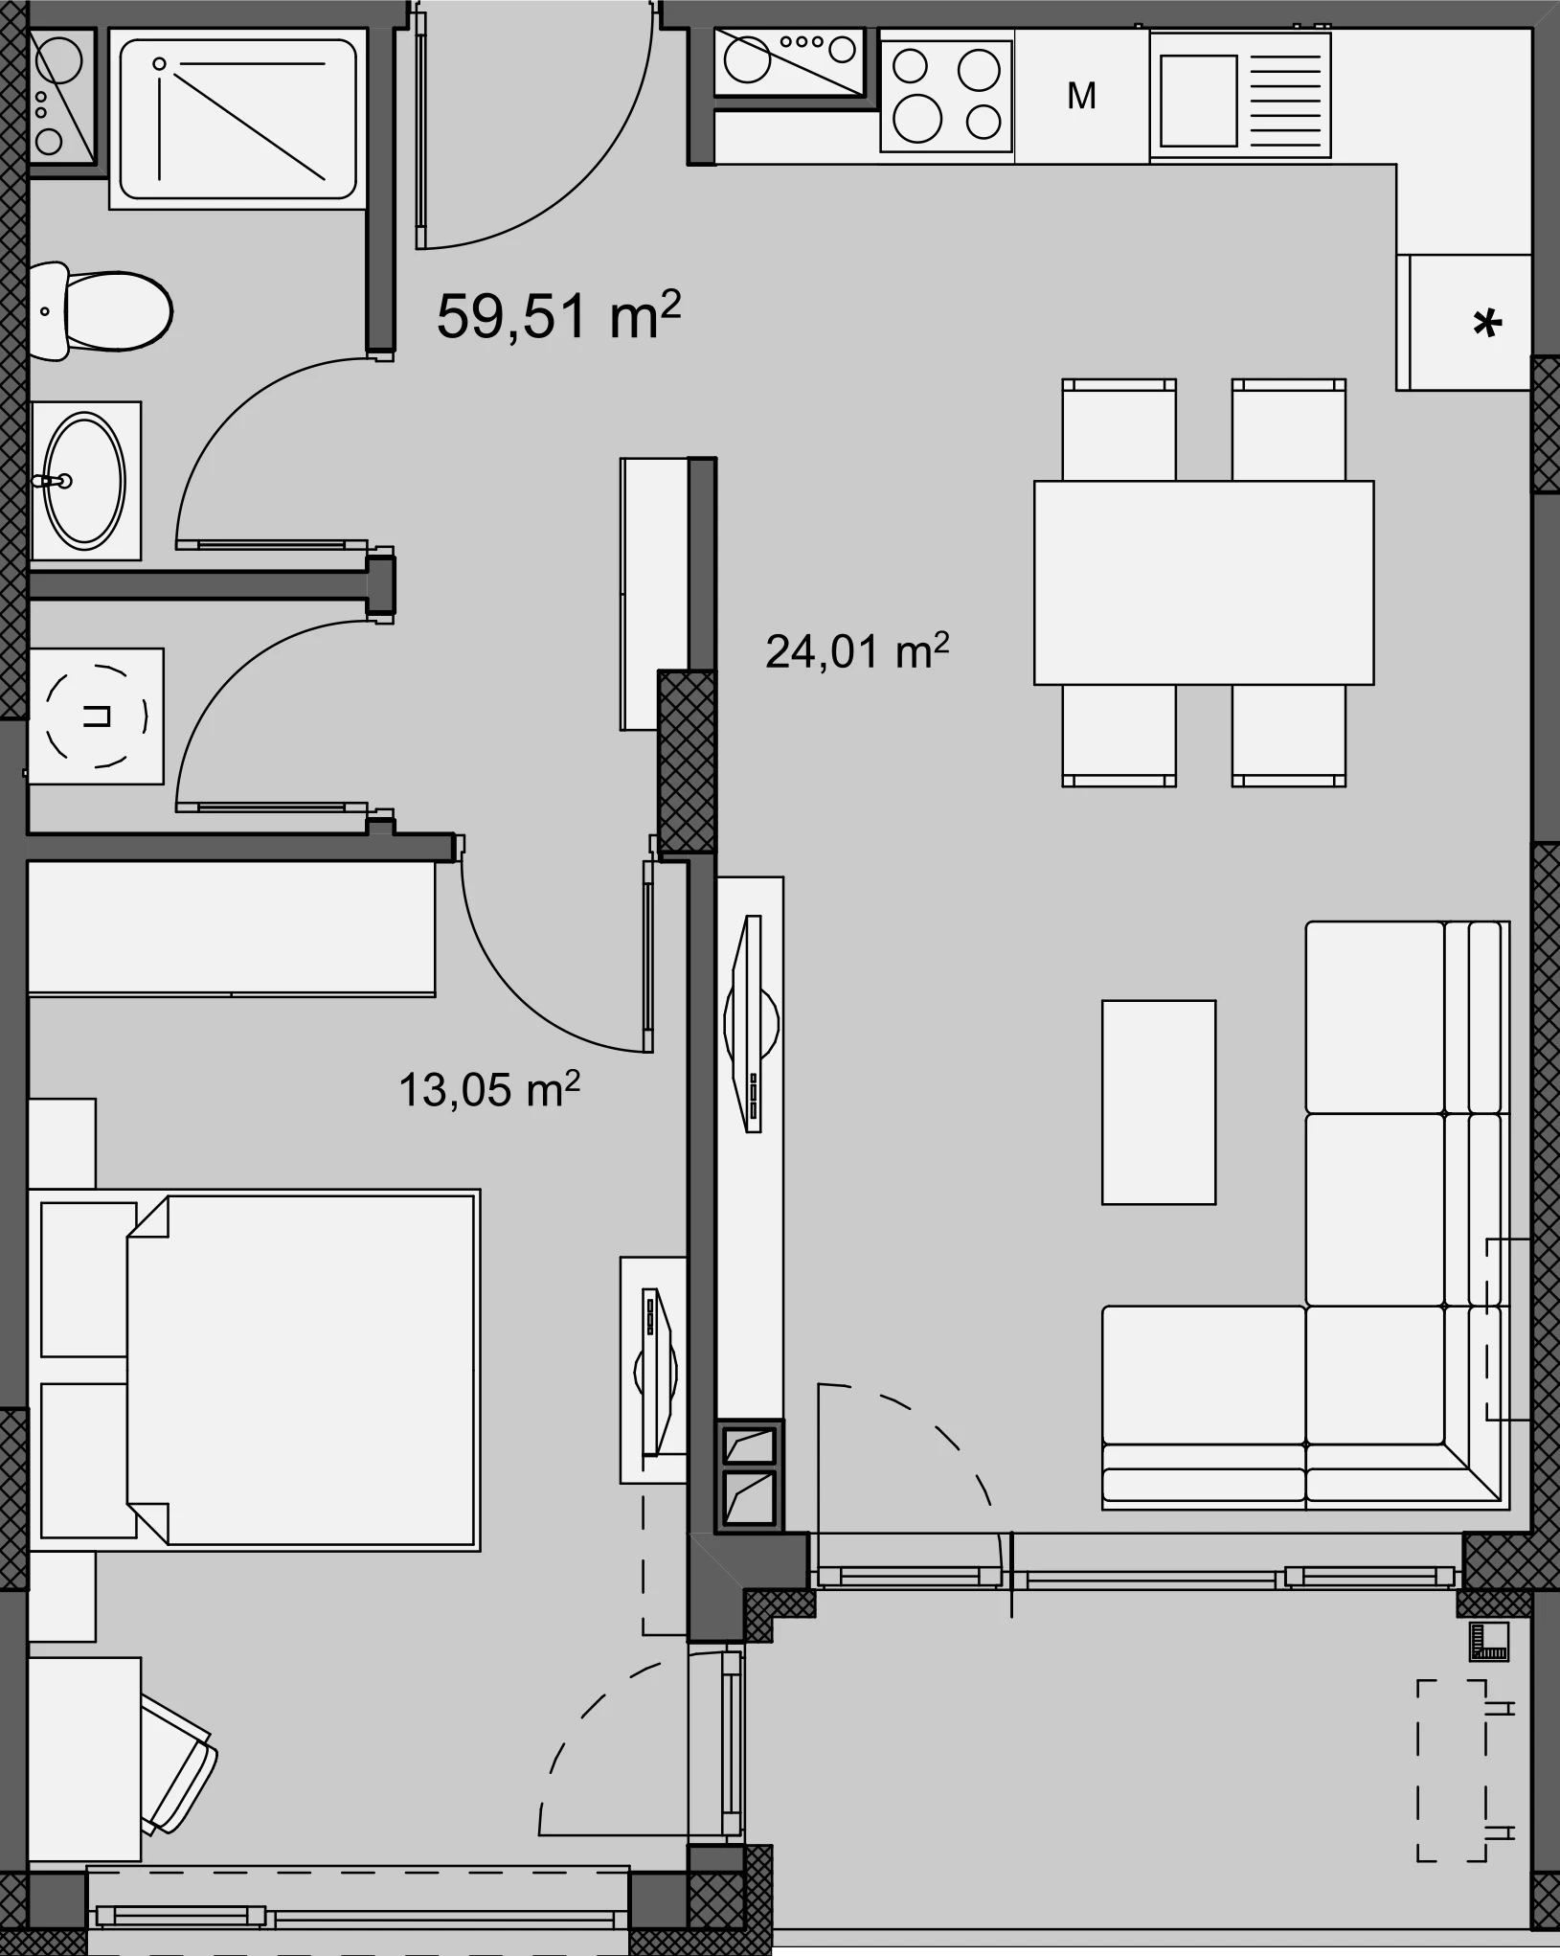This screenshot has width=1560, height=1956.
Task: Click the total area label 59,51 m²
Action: [x=558, y=315]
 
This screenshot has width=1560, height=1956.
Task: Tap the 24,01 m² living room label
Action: [x=857, y=651]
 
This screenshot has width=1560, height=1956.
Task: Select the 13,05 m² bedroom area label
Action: [x=489, y=1089]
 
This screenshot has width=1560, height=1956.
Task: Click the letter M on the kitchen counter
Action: [x=1081, y=96]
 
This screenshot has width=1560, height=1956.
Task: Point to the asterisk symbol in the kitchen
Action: [x=1487, y=324]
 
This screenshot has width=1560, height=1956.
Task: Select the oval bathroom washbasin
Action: [x=85, y=481]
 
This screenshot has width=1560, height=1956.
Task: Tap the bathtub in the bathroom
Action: [x=237, y=119]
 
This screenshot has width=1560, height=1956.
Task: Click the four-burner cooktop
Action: [x=946, y=94]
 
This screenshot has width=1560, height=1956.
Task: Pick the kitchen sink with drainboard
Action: [x=1240, y=93]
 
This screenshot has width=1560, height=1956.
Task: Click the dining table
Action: [x=1204, y=582]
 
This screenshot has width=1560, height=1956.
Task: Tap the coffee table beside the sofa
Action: [x=1159, y=1102]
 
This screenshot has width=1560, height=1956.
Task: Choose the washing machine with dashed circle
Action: [x=96, y=716]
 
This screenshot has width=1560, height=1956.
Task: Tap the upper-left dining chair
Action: [x=1119, y=430]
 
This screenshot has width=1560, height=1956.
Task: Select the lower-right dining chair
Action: [x=1289, y=735]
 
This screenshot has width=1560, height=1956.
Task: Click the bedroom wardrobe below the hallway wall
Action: [x=232, y=928]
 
